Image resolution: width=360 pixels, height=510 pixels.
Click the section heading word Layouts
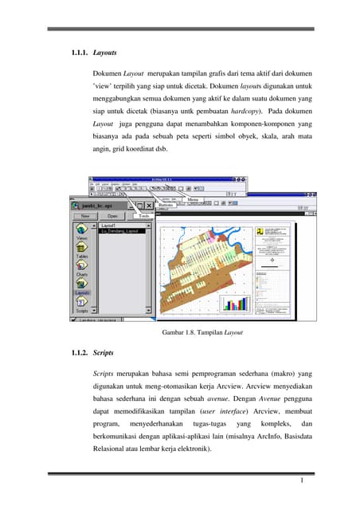coord(105,53)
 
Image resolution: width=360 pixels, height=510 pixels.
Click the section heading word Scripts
coord(104,351)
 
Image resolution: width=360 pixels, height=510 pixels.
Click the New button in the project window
coord(84,215)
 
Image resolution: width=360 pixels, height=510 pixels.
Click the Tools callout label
coord(143,215)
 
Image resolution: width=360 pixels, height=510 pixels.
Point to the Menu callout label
coord(193,200)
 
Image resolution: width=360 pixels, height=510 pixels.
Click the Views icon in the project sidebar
coord(81,232)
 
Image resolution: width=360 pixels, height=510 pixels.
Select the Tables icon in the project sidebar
coord(81,252)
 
